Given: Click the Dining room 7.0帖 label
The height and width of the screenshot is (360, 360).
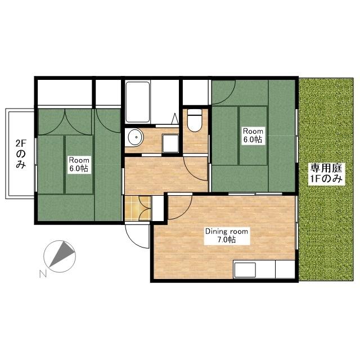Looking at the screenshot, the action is pos(227,236).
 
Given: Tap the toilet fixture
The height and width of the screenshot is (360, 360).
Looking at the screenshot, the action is pos(195,120).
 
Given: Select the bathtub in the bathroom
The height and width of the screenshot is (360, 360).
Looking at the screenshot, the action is pos(138,102).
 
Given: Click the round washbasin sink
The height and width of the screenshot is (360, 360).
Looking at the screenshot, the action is pos(135,137).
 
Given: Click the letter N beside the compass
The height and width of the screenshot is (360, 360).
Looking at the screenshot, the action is pos(43,274).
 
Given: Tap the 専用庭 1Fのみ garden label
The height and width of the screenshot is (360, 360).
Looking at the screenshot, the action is pos(326,173).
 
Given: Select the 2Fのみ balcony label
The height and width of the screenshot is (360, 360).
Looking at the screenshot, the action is pos(21,154).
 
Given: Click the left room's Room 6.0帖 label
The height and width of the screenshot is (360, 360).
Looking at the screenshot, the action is pos(79,164).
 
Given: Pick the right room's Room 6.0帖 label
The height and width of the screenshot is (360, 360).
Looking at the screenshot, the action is pos(253,136).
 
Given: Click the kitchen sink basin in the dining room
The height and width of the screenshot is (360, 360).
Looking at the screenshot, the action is pos(245,270).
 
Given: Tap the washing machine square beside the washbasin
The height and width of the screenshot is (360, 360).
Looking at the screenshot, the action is pos(170,143).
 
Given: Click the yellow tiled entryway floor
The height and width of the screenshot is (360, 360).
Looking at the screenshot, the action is pos(137,208).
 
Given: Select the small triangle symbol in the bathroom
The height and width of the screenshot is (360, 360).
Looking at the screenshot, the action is pos(175,119).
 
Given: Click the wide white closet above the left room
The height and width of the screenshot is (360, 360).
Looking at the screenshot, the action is pos(65,92).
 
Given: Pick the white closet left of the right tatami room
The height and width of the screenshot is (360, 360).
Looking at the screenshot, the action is pos(196,92).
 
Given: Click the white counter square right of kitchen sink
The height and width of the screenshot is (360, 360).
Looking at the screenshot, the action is pos(285,269).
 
